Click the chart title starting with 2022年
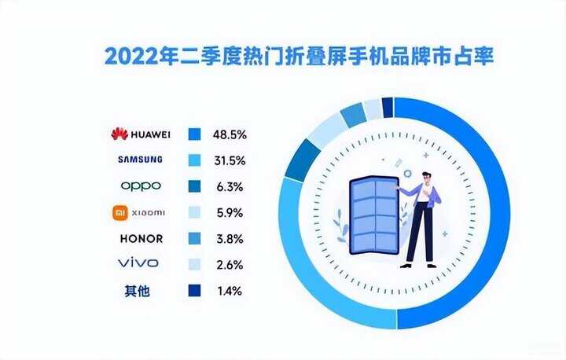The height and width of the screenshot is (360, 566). click(x=299, y=56)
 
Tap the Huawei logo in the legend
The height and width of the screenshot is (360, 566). click(x=141, y=134)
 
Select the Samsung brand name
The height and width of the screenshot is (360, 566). click(x=140, y=160)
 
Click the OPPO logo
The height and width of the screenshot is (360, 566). click(x=141, y=186)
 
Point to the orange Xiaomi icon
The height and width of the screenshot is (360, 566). click(x=120, y=213)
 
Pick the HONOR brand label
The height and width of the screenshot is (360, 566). click(x=141, y=239)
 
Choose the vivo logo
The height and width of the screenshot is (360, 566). click(x=138, y=263)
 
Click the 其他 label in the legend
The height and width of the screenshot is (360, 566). click(x=137, y=291)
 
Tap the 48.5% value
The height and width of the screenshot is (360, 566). click(x=230, y=134)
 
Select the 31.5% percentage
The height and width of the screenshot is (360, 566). click(x=230, y=160)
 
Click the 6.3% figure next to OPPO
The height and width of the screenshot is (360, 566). click(x=230, y=186)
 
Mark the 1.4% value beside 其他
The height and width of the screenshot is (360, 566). click(x=230, y=291)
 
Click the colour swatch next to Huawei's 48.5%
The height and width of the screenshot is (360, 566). click(x=195, y=134)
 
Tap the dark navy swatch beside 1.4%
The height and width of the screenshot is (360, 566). click(x=195, y=291)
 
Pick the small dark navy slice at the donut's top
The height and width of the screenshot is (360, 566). click(x=388, y=108)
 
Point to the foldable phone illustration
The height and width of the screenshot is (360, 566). click(x=374, y=215)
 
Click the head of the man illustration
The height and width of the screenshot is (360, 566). click(x=427, y=179)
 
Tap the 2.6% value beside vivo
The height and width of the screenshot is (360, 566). click(x=230, y=265)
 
